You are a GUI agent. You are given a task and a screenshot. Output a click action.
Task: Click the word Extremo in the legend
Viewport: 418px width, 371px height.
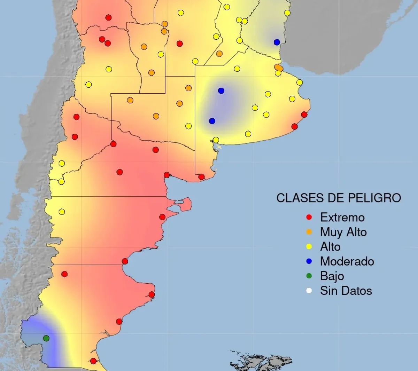[342, 218]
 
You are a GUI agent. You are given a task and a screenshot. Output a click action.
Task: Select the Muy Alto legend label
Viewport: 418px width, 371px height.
[343, 232]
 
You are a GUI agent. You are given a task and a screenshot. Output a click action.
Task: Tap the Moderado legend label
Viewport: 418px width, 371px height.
[347, 261]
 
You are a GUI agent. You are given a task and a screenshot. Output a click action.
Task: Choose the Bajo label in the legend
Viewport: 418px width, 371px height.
[332, 276]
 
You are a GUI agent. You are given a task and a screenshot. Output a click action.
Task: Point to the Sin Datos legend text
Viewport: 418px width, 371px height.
[346, 291]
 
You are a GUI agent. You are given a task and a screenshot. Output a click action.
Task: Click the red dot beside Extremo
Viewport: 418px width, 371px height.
[309, 218]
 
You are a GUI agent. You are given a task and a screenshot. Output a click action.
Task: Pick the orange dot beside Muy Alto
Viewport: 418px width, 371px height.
[309, 232]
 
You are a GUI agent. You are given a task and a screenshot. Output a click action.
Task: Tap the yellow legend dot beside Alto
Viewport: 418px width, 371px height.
[309, 247]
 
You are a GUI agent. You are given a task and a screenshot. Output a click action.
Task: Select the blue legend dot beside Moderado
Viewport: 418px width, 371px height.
[309, 261]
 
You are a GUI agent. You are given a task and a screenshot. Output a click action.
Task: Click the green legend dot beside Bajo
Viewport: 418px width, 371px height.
[309, 276]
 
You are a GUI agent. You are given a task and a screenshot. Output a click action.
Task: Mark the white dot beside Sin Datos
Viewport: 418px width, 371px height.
[309, 291]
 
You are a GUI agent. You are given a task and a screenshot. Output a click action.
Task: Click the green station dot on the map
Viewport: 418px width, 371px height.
[46, 338]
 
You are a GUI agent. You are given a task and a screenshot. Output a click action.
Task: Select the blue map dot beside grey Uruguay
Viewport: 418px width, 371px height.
[277, 42]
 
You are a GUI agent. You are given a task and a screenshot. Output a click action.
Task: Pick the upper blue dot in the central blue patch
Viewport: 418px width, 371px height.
[221, 91]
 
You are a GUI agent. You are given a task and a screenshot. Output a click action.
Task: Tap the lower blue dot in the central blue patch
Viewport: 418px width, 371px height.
[212, 121]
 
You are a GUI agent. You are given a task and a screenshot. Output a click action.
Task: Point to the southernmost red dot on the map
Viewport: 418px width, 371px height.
[93, 361]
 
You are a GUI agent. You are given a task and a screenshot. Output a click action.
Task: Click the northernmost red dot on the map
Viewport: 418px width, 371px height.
[108, 17]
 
